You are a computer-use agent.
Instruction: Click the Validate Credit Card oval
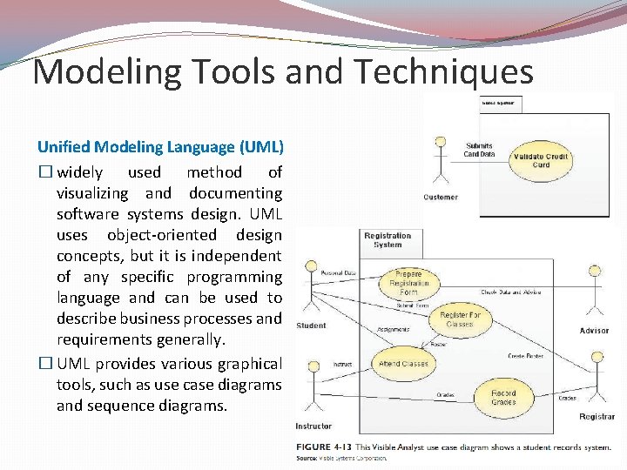click(541, 160)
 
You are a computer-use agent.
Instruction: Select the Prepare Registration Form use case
click(408, 283)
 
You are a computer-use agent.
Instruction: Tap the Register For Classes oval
click(460, 319)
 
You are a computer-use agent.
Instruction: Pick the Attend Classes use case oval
click(404, 363)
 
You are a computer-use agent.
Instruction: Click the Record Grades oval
click(503, 397)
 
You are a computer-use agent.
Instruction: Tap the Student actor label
click(311, 326)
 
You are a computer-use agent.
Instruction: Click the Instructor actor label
click(313, 426)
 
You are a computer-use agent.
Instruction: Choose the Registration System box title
click(388, 239)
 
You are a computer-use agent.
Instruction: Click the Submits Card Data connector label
click(479, 150)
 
